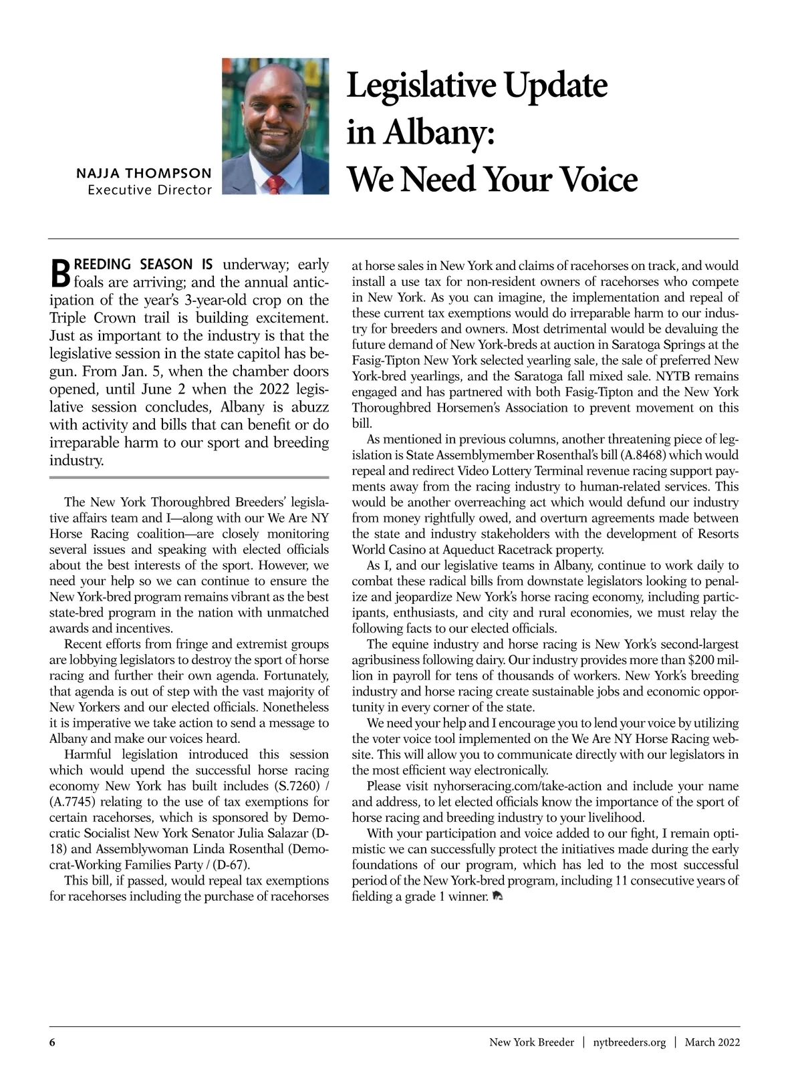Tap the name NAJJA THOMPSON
click(144, 174)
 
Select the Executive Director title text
click(150, 190)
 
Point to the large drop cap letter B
click(60, 270)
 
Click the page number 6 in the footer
click(52, 1042)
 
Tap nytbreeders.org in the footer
click(630, 1042)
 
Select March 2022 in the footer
click(712, 1042)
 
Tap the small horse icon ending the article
click(497, 896)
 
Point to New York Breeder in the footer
click(531, 1042)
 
